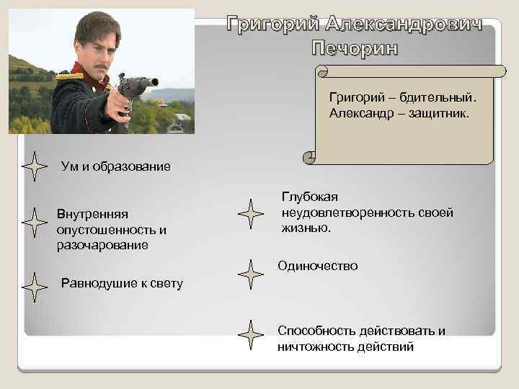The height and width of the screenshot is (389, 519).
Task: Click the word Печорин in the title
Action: tap(354, 49)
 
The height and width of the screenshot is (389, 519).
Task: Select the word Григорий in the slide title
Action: tap(273, 24)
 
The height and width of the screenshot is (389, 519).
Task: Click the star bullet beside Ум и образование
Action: tap(34, 166)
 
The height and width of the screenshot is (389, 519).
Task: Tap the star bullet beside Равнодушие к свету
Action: tap(34, 284)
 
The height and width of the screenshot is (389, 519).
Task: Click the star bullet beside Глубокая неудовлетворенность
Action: tap(250, 214)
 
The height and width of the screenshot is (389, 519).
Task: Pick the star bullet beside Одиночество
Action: tap(250, 274)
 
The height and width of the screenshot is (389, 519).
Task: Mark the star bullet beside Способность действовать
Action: tap(250, 335)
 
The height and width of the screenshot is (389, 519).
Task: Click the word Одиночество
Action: tap(318, 267)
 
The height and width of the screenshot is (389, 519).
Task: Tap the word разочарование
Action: tap(102, 245)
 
